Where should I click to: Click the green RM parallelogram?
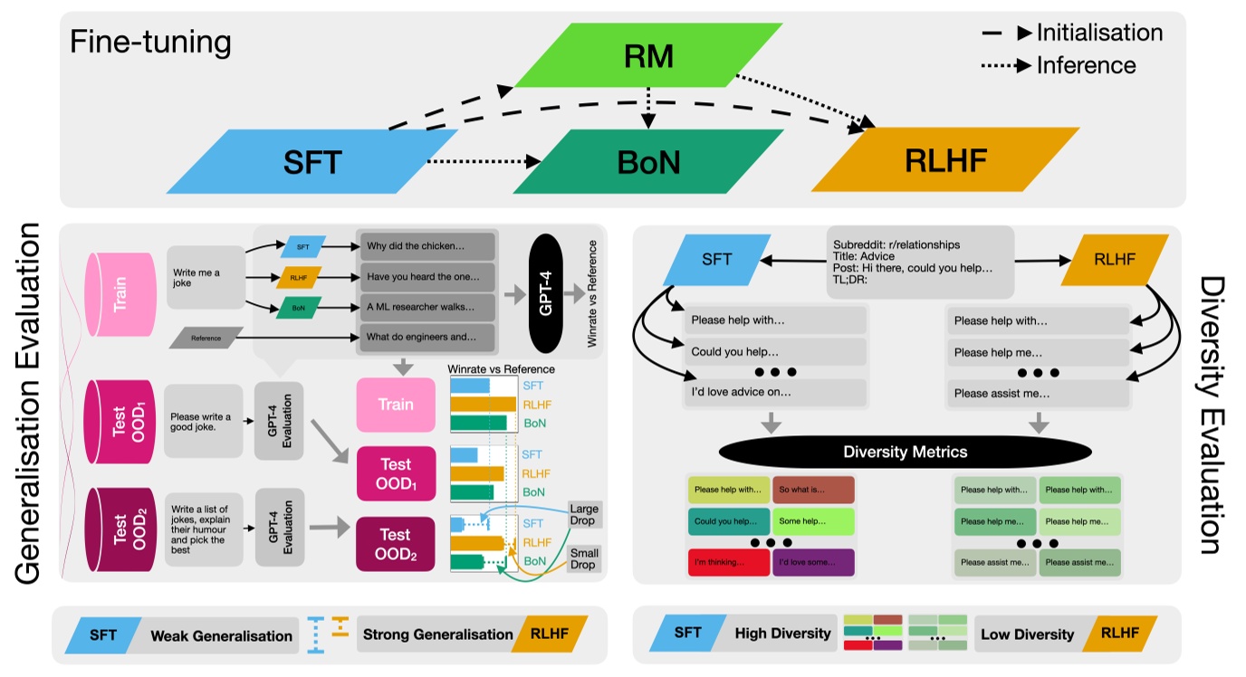click(648, 56)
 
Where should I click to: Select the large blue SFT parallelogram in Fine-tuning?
click(311, 162)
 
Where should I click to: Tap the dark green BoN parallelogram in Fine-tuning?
click(648, 162)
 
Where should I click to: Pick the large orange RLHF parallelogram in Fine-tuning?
click(944, 160)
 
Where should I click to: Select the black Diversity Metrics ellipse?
click(905, 451)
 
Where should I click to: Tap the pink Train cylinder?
click(120, 293)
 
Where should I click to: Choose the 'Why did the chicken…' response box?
click(427, 246)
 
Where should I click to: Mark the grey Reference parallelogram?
click(206, 338)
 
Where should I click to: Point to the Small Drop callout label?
click(583, 558)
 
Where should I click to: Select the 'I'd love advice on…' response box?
click(774, 392)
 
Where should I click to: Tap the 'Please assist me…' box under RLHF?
click(1038, 394)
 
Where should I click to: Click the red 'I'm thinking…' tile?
click(728, 562)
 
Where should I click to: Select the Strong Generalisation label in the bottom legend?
click(437, 634)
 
